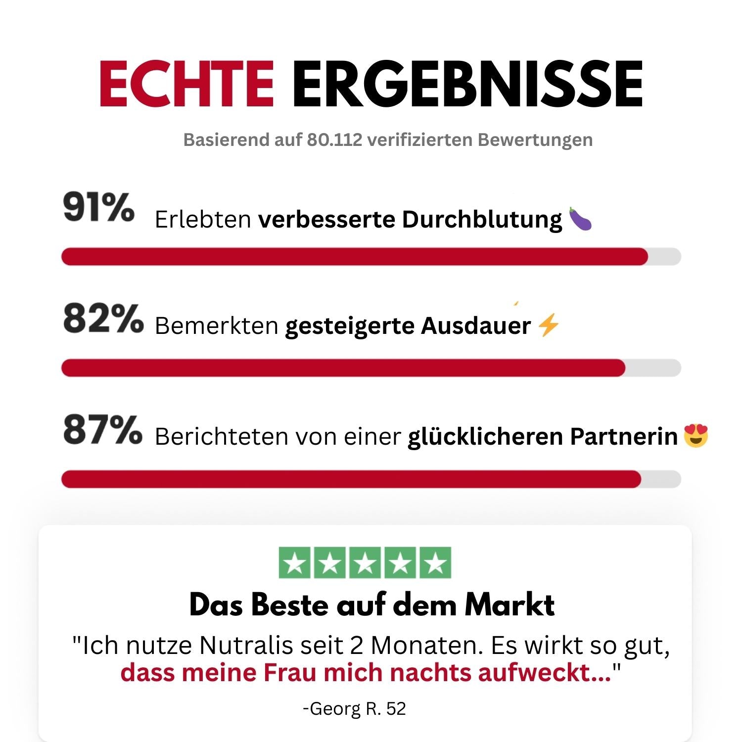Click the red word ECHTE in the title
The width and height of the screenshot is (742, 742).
(186, 84)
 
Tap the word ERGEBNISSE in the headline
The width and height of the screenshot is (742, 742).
(467, 84)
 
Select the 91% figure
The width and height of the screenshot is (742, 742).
(99, 208)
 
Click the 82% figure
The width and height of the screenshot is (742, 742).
(103, 319)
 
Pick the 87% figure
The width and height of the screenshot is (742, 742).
(103, 430)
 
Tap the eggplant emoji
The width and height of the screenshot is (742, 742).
(580, 219)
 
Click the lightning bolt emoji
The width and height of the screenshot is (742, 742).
(548, 325)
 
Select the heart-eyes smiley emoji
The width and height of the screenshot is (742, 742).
(696, 436)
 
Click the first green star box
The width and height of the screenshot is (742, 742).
(295, 563)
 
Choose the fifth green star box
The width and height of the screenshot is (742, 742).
(435, 563)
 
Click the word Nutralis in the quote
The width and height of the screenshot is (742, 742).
(239, 645)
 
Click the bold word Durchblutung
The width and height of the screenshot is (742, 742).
(482, 219)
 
